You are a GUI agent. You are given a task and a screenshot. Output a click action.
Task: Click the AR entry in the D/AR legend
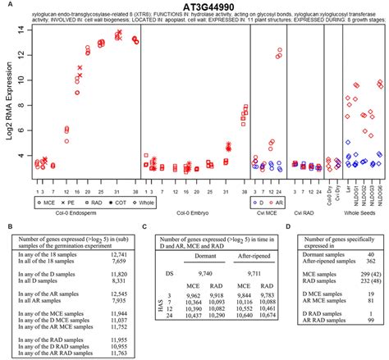[x=284, y=199]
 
